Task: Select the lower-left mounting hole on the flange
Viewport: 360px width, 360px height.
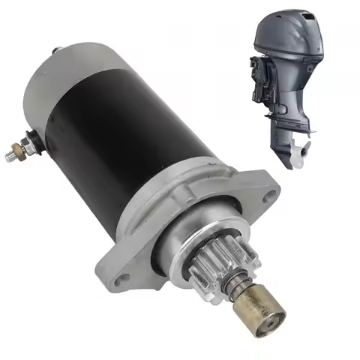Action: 123,278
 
